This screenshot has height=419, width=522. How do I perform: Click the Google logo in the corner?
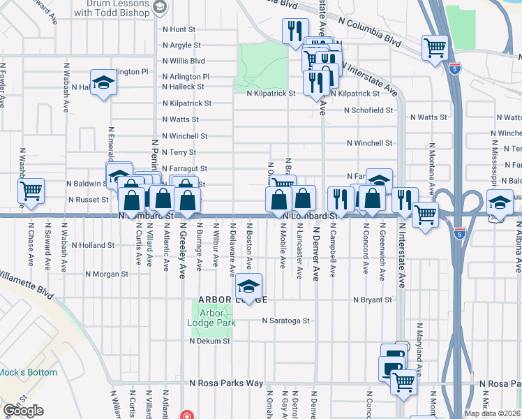[x=23, y=411]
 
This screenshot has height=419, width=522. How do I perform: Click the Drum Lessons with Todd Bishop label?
[x=112, y=8]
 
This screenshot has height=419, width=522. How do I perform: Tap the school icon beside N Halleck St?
[x=104, y=83]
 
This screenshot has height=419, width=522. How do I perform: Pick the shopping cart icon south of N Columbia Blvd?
[x=435, y=48]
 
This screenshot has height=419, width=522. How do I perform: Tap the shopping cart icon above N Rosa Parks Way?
[x=403, y=381]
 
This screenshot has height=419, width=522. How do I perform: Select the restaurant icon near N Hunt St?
[x=294, y=31]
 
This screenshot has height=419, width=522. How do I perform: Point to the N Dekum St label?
[x=209, y=341]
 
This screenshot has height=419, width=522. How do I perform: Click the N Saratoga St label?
[x=285, y=321]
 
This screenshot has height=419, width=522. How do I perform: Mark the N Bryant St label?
[x=373, y=300]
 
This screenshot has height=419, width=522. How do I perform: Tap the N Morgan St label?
[x=107, y=274]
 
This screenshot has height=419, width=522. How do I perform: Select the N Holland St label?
[x=91, y=245]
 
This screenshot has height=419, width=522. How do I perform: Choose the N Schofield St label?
[x=368, y=110]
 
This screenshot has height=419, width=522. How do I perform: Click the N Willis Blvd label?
[x=183, y=61]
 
